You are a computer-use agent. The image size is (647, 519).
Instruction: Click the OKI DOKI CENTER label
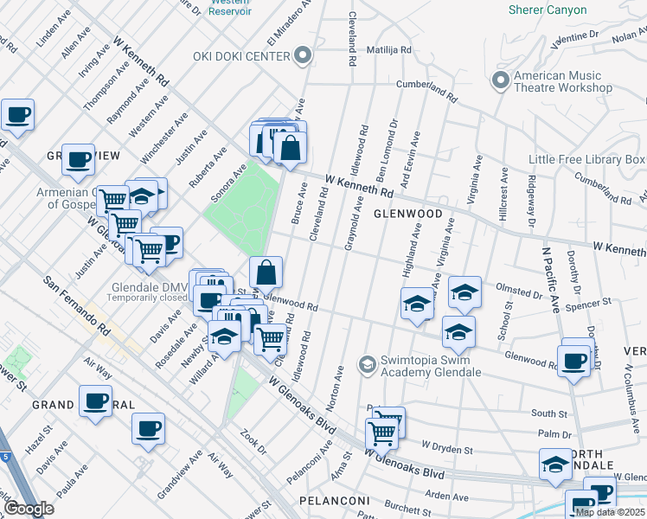[x=245, y=57]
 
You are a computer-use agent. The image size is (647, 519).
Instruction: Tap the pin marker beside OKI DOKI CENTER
[x=302, y=57]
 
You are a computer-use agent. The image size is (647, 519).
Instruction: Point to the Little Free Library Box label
[x=587, y=160]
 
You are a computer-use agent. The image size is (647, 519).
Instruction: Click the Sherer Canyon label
[x=554, y=10]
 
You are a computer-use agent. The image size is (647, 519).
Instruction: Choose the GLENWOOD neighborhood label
[x=407, y=214]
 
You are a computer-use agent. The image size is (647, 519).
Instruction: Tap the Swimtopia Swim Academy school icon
[x=368, y=364]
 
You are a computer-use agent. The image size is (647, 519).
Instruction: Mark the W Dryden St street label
[x=447, y=449]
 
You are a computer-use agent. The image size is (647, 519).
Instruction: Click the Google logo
[x=28, y=509]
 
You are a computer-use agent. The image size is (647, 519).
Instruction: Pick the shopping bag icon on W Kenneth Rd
[x=291, y=147]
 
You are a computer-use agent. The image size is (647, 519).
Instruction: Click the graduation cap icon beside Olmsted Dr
[x=464, y=292]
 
